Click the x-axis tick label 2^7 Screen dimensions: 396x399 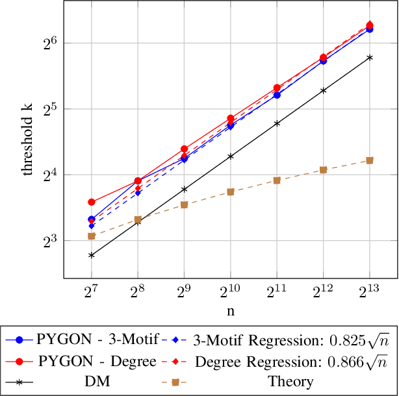91,290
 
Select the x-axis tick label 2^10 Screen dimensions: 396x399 230,290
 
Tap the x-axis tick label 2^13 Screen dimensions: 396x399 370,290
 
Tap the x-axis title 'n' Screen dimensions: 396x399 230,310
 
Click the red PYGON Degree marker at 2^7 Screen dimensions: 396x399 92,203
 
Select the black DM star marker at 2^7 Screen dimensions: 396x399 92,255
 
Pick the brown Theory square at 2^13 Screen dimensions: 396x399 370,160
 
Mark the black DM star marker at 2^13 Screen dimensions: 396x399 370,57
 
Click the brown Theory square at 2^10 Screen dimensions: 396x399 231,192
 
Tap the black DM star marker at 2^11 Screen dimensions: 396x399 277,123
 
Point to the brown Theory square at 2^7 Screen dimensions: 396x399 92,236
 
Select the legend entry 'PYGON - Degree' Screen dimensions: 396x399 97,361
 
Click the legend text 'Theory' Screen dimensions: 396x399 292,382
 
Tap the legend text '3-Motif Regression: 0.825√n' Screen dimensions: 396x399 290,339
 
